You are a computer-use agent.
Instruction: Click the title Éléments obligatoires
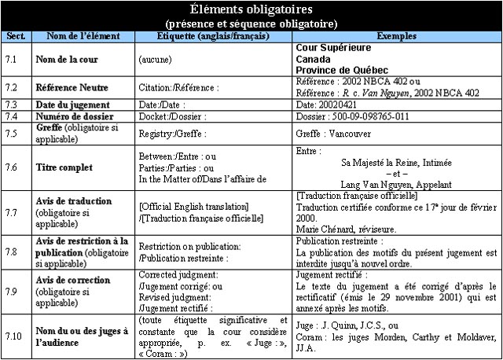(x=251, y=9)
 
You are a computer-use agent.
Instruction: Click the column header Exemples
(x=396, y=36)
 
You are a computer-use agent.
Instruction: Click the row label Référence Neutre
(x=72, y=87)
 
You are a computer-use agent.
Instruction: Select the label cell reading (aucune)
(x=156, y=60)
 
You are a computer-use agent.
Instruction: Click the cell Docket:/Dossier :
(x=172, y=117)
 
